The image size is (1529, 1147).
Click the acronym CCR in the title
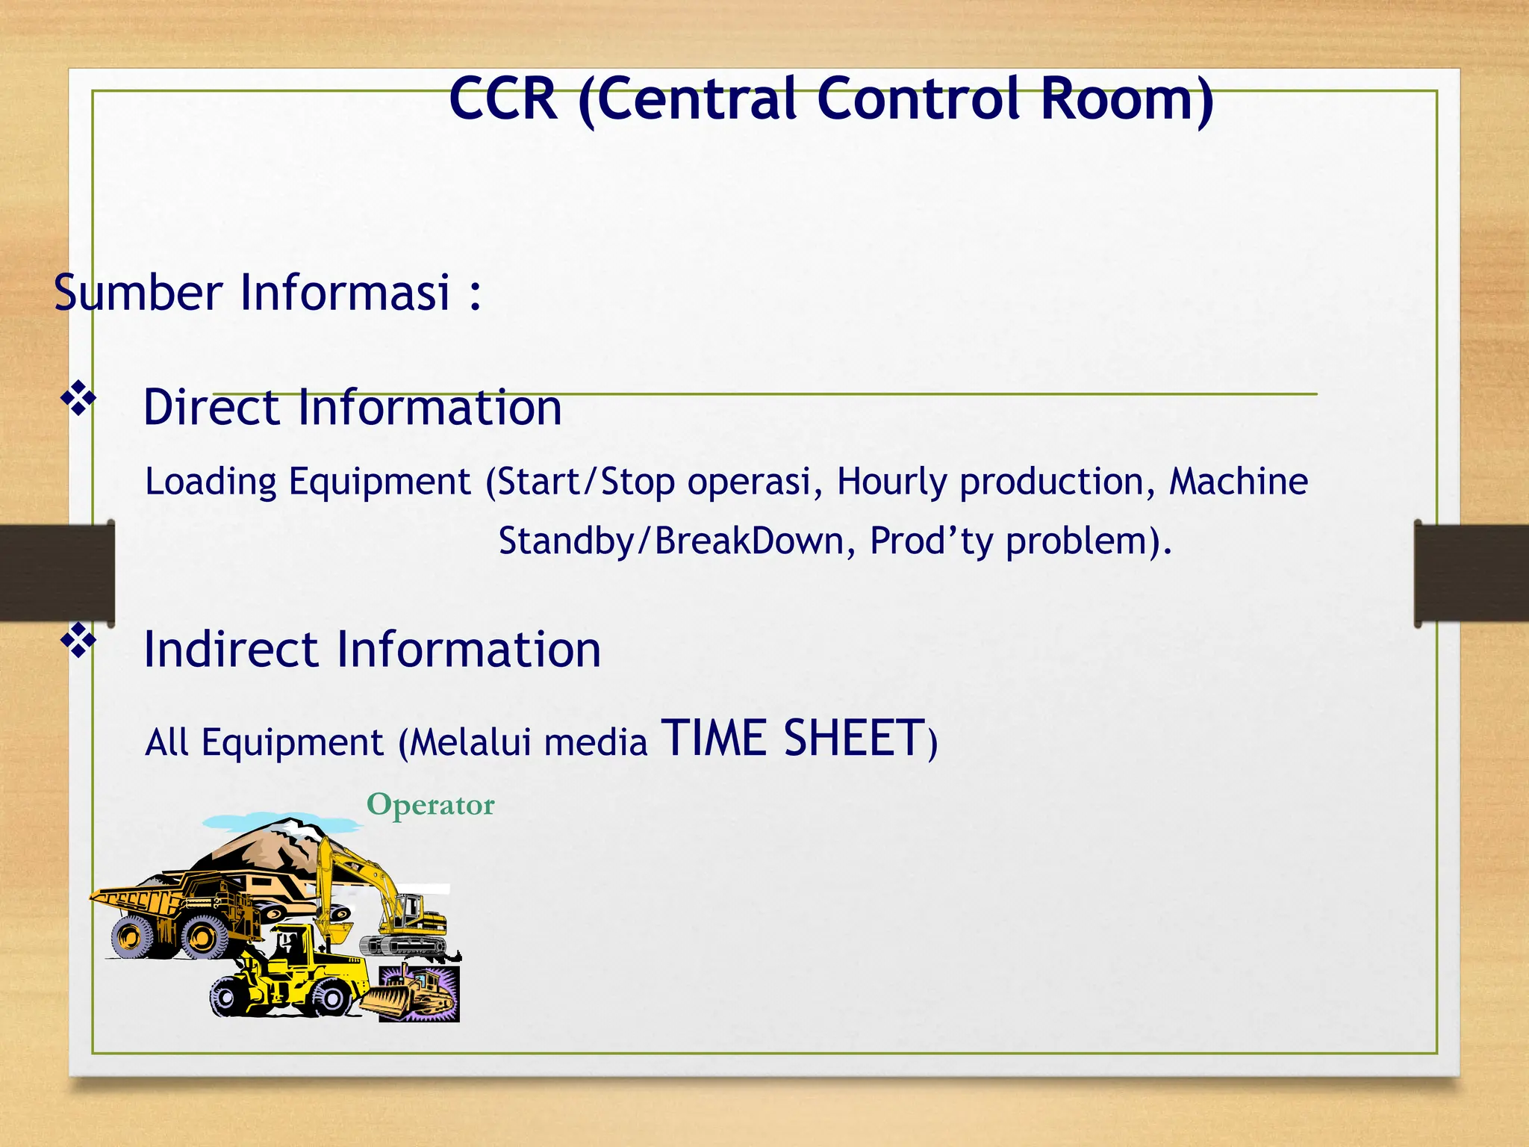[503, 99]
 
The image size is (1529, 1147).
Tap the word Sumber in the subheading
[138, 293]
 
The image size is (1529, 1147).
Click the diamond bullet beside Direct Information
[78, 398]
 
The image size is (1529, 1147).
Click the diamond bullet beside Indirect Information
[78, 641]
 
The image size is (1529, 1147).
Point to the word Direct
[211, 408]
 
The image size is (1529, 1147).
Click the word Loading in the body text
[211, 482]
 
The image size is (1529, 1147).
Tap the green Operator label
[430, 805]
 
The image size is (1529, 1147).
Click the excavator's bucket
[340, 931]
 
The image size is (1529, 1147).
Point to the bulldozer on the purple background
[417, 993]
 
